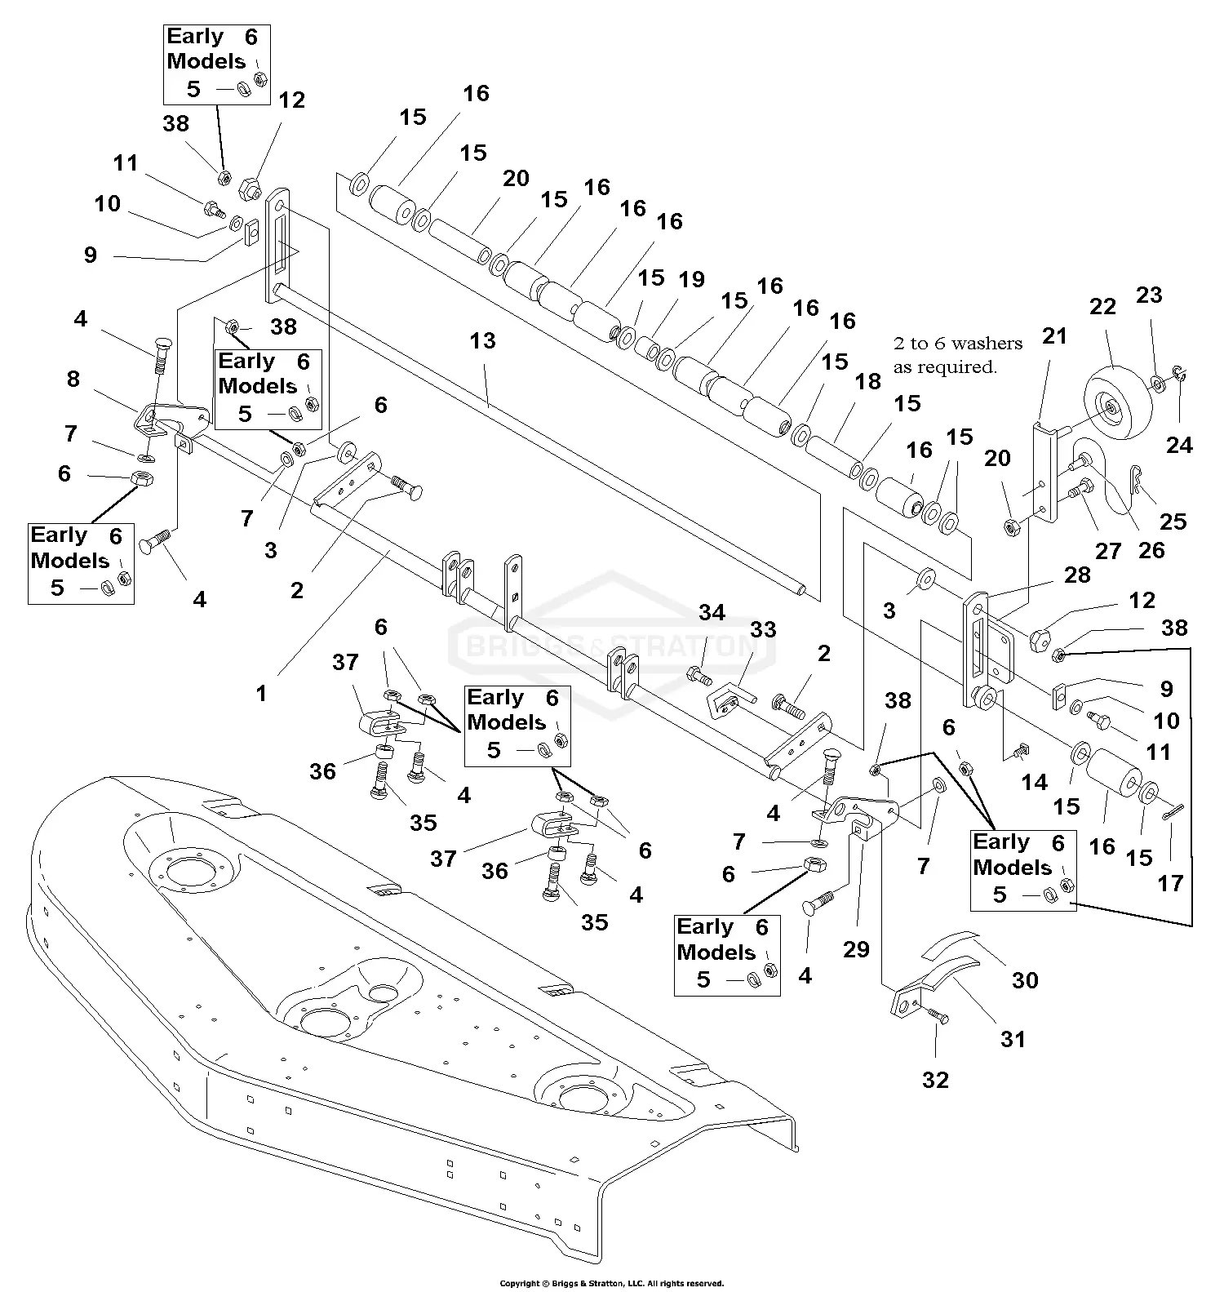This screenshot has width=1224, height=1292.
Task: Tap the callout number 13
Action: click(x=482, y=340)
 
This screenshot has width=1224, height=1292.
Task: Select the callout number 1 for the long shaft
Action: click(x=261, y=694)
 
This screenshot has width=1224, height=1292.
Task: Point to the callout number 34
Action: click(x=712, y=613)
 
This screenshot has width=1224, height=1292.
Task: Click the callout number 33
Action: click(x=763, y=630)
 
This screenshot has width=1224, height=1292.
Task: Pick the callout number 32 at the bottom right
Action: click(x=935, y=1080)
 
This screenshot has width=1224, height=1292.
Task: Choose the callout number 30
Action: click(x=1025, y=979)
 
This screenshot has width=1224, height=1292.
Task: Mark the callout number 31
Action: click(x=1013, y=1039)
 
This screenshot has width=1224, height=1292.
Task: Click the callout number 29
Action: click(x=857, y=949)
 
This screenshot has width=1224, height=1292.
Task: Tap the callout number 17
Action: click(x=1170, y=883)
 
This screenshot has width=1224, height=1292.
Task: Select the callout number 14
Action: click(x=1034, y=783)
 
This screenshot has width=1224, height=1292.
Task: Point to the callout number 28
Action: click(x=1077, y=575)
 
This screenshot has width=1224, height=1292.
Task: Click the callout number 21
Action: click(x=1054, y=335)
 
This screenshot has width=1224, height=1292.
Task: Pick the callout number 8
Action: click(x=73, y=379)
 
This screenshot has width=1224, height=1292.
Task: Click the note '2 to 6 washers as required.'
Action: click(x=957, y=355)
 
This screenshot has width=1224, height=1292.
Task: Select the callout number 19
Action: click(x=691, y=279)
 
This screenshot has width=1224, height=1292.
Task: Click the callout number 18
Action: click(x=868, y=381)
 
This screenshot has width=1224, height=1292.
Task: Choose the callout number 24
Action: click(x=1179, y=445)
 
